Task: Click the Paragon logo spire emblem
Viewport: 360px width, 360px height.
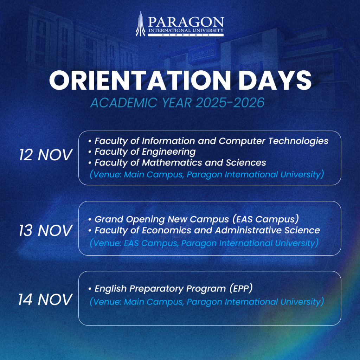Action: pos(140,24)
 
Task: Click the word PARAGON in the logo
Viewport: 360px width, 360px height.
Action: pos(186,22)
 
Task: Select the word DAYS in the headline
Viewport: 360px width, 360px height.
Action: pos(275,80)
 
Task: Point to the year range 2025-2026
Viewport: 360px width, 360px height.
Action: pos(230,102)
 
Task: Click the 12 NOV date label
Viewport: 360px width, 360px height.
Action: pos(45,155)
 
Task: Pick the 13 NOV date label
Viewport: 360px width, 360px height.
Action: pos(45,230)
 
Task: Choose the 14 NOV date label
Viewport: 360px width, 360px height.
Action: pos(45,300)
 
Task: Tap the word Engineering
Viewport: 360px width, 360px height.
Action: pos(168,152)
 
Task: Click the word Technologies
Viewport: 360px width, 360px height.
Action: pos(298,141)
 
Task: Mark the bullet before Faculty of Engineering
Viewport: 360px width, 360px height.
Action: pos(90,152)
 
